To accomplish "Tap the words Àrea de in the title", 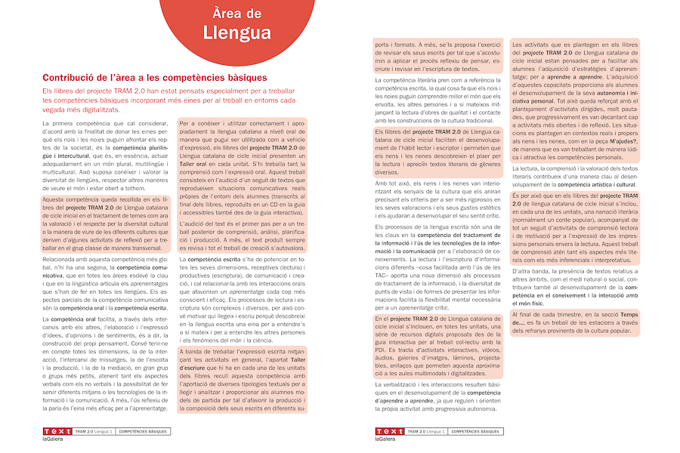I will pyautogui.click(x=237, y=13).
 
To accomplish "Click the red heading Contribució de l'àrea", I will pyautogui.click(x=155, y=78).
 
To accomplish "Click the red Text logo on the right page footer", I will pyautogui.click(x=389, y=432).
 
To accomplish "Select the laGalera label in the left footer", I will pyautogui.click(x=54, y=439).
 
